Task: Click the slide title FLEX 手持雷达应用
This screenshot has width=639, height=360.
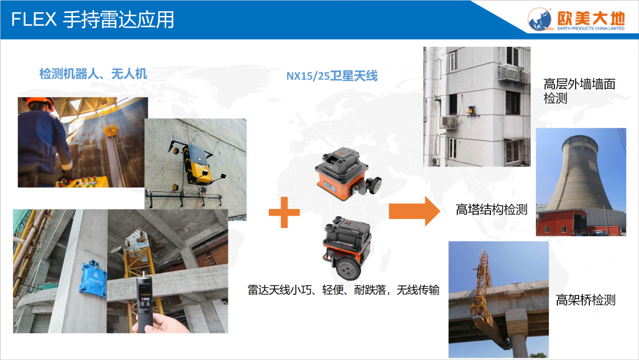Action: (92, 19)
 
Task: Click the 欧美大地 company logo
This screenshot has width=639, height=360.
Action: (576, 19)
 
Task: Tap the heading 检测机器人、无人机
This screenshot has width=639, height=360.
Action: (93, 74)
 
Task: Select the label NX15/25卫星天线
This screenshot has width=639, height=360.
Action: (332, 76)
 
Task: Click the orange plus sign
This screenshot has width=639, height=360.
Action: (284, 212)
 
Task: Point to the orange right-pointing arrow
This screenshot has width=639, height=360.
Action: (414, 211)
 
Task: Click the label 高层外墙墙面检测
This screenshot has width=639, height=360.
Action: (579, 91)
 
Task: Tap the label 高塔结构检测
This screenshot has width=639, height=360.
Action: (492, 210)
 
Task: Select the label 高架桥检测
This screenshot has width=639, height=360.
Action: (586, 300)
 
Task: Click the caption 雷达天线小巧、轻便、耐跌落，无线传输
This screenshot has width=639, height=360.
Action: (344, 290)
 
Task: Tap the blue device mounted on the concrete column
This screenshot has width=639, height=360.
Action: (94, 278)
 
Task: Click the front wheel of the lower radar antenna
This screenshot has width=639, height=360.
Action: (347, 268)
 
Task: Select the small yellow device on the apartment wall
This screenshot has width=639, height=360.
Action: (471, 110)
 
